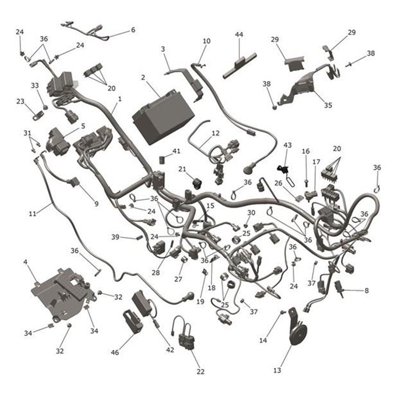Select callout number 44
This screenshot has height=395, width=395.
point(239,34)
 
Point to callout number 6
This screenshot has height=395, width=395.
point(133,30)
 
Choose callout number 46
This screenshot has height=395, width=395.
point(115,353)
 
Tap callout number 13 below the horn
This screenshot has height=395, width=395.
point(277,370)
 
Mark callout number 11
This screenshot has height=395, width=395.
point(32,214)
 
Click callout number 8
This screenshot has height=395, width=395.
point(366,291)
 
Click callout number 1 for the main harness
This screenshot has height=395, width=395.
point(120,98)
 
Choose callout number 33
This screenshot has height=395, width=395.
point(35,86)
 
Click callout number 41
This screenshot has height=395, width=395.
point(176,151)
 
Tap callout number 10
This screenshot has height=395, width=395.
point(206,41)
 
